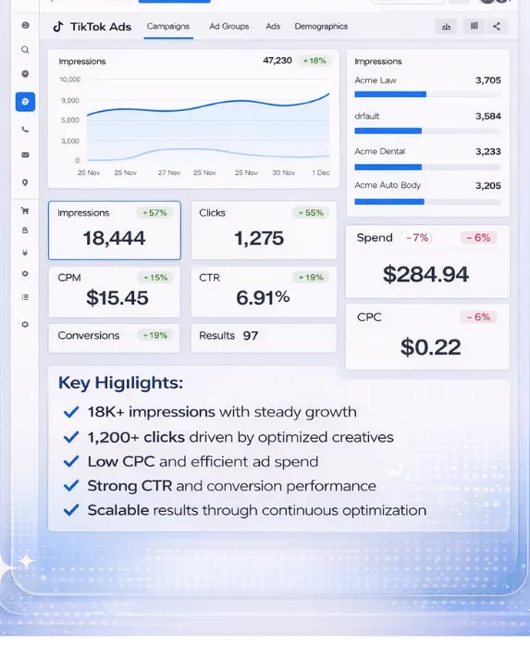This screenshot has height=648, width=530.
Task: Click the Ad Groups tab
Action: pyautogui.click(x=228, y=27)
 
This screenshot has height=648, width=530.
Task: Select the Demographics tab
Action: pyautogui.click(x=321, y=27)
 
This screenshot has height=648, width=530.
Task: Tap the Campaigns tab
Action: pyautogui.click(x=168, y=27)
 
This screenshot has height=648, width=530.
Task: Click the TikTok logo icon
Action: pyautogui.click(x=58, y=27)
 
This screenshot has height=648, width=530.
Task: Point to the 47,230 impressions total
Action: pyautogui.click(x=277, y=61)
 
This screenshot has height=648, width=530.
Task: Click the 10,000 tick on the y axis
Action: pyautogui.click(x=69, y=80)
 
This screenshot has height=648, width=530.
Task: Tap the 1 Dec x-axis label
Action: pyautogui.click(x=320, y=173)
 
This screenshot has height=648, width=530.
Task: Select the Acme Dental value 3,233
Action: pyautogui.click(x=487, y=152)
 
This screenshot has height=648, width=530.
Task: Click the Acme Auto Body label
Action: pyautogui.click(x=388, y=186)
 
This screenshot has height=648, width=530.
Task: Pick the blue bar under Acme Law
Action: pyautogui.click(x=389, y=94)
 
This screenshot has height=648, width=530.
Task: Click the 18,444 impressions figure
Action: pyautogui.click(x=114, y=239)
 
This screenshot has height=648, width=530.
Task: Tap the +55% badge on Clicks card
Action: pyautogui.click(x=310, y=213)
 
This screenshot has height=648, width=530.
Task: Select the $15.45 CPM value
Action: pyautogui.click(x=117, y=298)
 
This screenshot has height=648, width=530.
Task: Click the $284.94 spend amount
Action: pyautogui.click(x=425, y=275)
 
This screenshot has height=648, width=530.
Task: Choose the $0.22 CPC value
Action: pyautogui.click(x=430, y=347)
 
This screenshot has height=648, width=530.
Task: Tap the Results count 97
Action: pyautogui.click(x=251, y=336)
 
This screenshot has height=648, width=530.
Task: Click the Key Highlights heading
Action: pyautogui.click(x=120, y=383)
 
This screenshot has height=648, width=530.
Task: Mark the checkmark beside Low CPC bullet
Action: pyautogui.click(x=71, y=461)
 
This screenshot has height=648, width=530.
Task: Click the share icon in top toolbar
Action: pyautogui.click(x=497, y=27)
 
